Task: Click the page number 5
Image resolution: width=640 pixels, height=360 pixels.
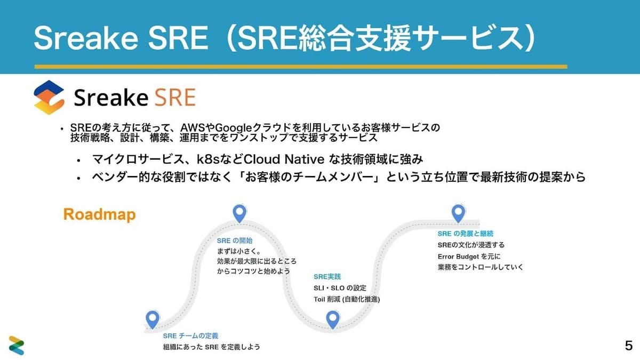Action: point(629,346)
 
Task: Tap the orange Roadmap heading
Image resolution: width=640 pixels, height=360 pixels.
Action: point(99,215)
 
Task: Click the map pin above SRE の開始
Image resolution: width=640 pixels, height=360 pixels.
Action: point(239,213)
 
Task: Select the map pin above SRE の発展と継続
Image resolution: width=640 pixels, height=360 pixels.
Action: point(458,213)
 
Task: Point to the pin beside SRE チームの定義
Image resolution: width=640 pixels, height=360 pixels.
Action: point(153,319)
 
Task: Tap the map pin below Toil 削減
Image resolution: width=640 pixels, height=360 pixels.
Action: point(333,319)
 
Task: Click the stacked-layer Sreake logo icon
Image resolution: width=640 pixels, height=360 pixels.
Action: point(49,97)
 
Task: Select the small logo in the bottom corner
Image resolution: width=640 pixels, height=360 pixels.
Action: point(17,346)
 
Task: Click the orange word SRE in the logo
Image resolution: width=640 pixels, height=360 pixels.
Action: point(175,98)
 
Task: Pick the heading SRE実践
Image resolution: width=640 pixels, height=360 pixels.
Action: point(327,277)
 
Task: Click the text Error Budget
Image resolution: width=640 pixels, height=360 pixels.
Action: point(458,257)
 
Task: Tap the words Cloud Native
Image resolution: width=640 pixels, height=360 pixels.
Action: point(284,159)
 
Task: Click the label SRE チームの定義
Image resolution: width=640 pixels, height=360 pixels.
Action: point(190,335)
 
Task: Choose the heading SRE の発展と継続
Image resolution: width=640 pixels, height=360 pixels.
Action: point(466,234)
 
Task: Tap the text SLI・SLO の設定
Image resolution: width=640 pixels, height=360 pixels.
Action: point(340,288)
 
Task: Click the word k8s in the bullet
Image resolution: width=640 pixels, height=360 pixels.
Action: point(208,159)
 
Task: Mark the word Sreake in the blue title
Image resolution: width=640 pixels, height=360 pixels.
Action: point(86,38)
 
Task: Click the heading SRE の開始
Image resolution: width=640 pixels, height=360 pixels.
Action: point(235,241)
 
